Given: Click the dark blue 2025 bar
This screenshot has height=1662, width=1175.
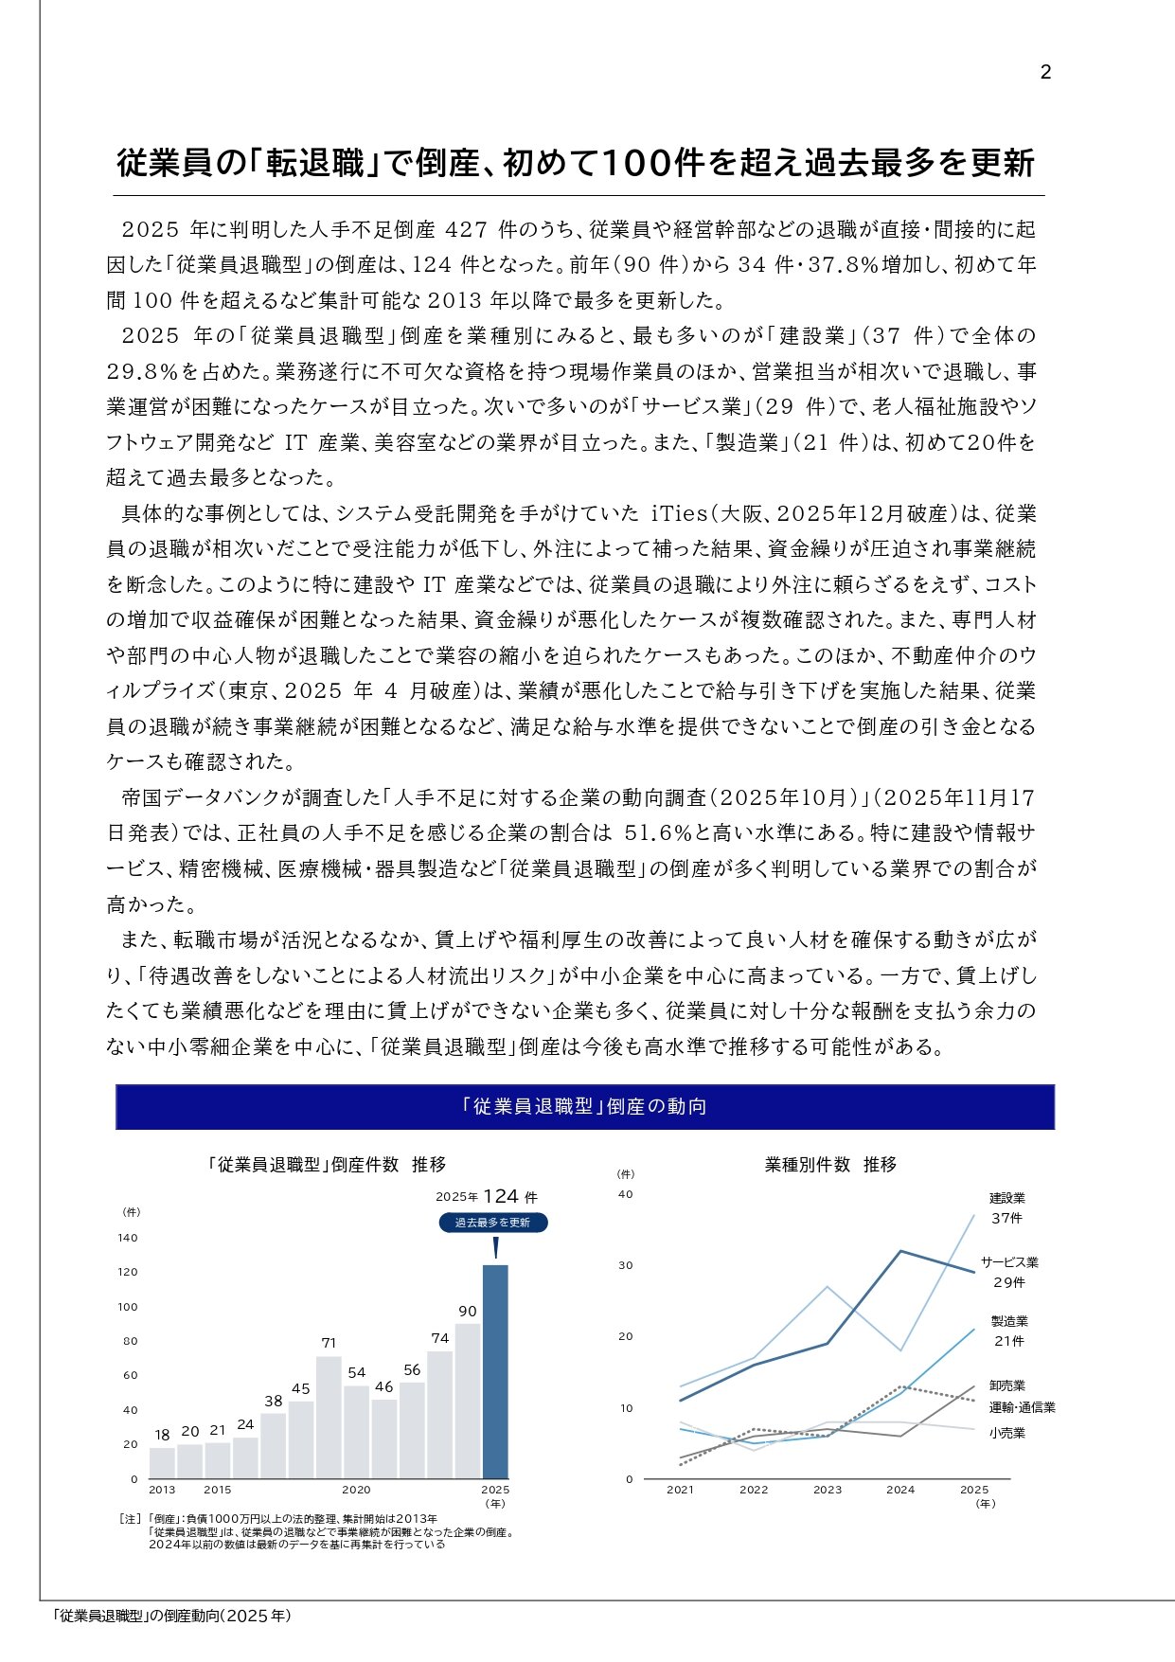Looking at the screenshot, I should [495, 1370].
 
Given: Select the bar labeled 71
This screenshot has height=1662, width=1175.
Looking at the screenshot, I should [329, 1417].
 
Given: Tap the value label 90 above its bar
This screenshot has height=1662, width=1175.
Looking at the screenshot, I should [468, 1312].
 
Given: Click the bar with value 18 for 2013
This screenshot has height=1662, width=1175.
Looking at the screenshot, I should [162, 1462].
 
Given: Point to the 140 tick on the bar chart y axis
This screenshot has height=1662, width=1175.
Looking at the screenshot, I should [128, 1238].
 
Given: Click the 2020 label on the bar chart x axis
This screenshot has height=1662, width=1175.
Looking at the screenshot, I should [356, 1490].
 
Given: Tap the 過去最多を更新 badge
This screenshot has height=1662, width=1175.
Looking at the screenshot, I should [492, 1223].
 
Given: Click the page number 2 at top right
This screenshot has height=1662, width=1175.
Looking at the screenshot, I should [1045, 73].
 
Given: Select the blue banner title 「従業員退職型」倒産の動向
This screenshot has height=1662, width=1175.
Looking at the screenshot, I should [585, 1107].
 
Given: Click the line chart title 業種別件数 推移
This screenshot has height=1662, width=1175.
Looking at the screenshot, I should [830, 1165].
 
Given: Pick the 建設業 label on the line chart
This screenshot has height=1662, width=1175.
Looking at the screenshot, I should [1007, 1198].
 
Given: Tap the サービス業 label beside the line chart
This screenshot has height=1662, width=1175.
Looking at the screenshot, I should [1009, 1262].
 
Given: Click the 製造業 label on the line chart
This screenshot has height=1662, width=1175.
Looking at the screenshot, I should [1009, 1321].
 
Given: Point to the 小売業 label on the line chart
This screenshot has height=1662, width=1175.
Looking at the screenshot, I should [1007, 1433].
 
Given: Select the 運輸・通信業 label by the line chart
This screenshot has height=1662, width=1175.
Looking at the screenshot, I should [1023, 1407].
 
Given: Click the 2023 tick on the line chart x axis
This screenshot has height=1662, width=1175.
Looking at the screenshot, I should [828, 1490].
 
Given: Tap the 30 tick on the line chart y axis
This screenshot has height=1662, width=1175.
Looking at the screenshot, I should [625, 1265].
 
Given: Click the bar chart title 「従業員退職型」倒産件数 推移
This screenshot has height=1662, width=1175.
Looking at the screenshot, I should [327, 1165].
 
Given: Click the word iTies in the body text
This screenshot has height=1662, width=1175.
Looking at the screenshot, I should [680, 513].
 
